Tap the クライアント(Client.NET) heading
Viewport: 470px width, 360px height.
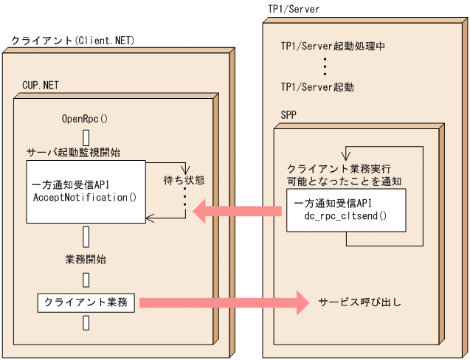click(73, 40)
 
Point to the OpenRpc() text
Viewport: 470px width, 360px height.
click(85, 118)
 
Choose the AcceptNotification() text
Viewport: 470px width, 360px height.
click(86, 198)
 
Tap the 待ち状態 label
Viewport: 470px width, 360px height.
click(184, 180)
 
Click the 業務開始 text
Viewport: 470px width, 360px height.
click(86, 260)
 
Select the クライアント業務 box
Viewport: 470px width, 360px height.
click(86, 302)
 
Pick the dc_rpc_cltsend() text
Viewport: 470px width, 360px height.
click(345, 218)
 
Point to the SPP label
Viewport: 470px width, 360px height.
click(289, 115)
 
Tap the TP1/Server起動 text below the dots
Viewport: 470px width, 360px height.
click(317, 87)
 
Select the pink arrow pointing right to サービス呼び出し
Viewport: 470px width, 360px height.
click(221, 302)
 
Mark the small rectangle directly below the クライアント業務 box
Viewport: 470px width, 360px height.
click(86, 322)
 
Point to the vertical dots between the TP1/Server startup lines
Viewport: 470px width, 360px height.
click(325, 66)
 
